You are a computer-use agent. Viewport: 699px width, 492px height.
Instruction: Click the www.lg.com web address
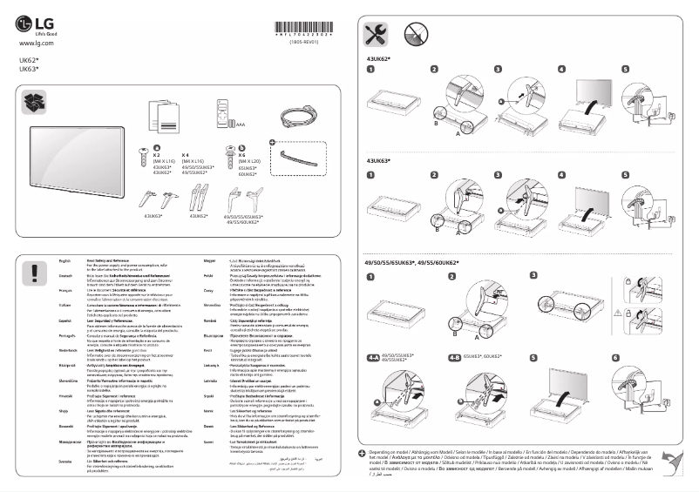coord(36,42)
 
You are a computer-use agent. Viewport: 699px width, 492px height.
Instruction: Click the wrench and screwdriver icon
coord(377,35)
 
